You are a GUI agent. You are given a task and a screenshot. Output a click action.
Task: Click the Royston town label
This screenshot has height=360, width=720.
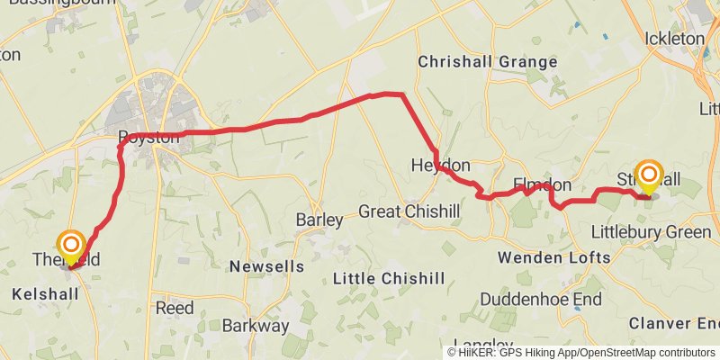144,139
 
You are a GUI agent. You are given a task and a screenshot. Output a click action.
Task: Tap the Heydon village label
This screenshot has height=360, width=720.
440,166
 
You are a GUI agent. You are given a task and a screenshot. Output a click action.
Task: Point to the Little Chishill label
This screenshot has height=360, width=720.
388,279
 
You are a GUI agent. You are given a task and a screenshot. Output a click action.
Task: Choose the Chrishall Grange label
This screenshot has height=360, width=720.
488,62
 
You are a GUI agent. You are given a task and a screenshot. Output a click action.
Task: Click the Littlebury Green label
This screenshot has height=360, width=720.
651,232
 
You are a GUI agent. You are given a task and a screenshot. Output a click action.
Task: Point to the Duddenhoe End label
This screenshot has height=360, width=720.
540,299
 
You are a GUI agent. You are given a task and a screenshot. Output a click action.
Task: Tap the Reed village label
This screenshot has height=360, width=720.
175,308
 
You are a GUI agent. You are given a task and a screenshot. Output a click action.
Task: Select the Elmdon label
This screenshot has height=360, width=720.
542,184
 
